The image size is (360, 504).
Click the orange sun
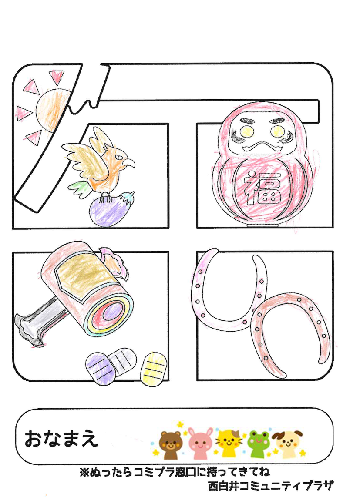[51, 109]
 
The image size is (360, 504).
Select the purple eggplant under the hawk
[109, 209]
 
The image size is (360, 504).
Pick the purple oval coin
[100, 368]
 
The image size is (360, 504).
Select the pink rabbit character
[200, 444]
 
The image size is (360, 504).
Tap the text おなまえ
[61, 439]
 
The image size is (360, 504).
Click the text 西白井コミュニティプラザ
[270, 485]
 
